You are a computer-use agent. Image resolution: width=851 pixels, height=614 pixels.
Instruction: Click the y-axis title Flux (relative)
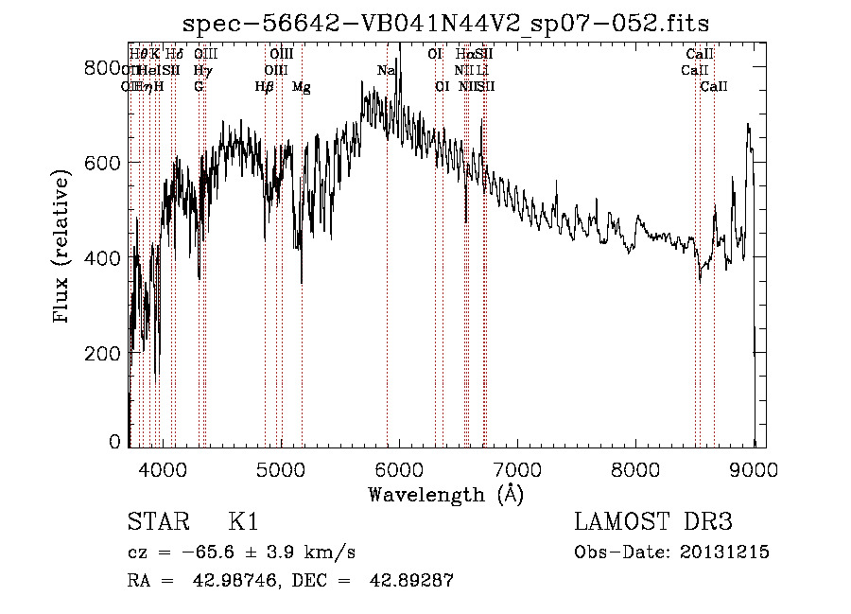click(63, 249)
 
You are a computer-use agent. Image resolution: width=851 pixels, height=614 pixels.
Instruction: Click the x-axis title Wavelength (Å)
click(446, 494)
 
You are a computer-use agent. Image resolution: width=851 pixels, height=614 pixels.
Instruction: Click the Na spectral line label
click(385, 71)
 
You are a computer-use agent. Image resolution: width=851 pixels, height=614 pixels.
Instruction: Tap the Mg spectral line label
click(302, 87)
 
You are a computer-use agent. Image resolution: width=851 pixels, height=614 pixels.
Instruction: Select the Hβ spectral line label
click(265, 87)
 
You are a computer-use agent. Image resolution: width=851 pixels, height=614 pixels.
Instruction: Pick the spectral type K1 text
click(244, 522)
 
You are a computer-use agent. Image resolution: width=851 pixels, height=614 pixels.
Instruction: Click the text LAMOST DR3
click(653, 522)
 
